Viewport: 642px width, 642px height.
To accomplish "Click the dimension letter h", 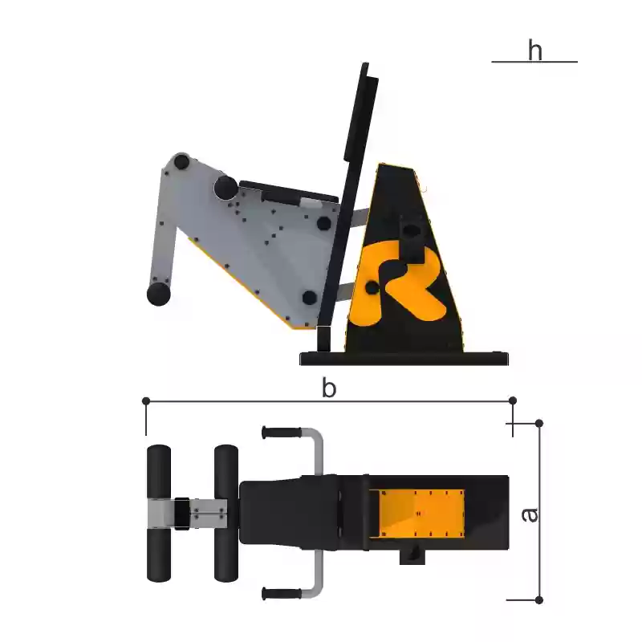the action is pos(534,50).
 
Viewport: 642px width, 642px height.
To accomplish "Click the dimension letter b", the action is pos(329,388).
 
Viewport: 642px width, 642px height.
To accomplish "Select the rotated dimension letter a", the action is pos(530,514).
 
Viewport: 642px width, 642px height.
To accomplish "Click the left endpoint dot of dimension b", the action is pos(146,400).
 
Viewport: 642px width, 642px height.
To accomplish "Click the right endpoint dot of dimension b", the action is pos(513,400).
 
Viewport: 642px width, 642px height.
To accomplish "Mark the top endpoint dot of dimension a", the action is pos(539,423).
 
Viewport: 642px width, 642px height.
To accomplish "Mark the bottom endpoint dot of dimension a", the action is pos(539,600).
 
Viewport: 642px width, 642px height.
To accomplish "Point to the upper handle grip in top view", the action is pos(282,433).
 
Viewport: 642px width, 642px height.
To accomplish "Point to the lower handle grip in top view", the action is pos(282,594).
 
